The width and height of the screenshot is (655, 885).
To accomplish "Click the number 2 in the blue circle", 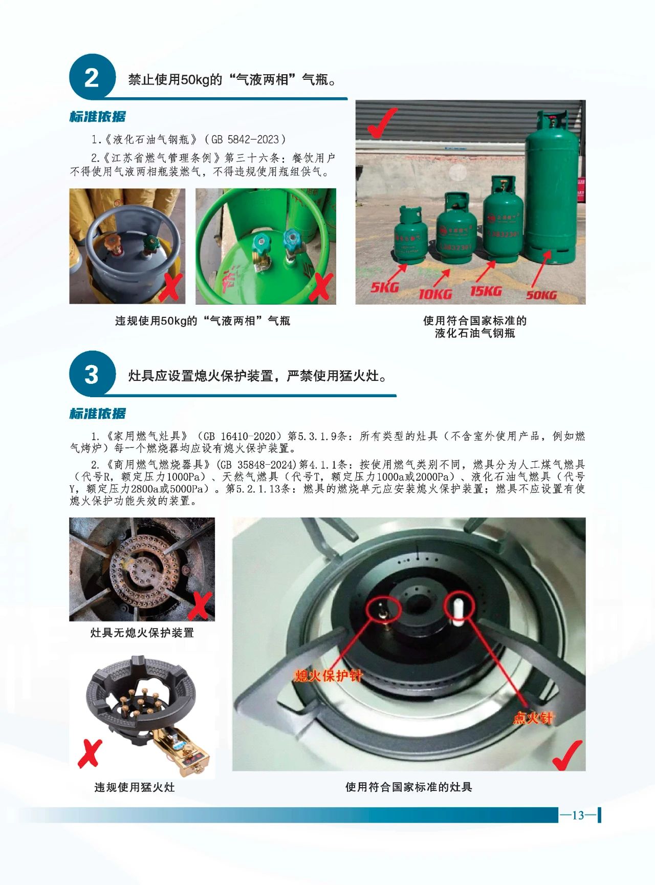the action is tap(91, 78).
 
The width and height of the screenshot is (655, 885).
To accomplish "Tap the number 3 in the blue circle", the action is tap(91, 375).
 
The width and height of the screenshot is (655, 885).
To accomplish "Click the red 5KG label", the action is tap(384, 287).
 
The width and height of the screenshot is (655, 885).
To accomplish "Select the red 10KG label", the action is tap(435, 294).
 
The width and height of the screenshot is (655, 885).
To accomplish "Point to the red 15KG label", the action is tap(486, 291).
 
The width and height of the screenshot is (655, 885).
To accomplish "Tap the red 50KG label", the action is tap(541, 294).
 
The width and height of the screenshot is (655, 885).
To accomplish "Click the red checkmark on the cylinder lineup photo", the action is tap(381, 122).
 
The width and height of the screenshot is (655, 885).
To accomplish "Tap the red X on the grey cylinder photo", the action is tap(170, 288).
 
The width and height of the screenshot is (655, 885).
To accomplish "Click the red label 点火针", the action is tap(533, 718).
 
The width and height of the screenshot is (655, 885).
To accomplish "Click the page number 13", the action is tap(578, 815).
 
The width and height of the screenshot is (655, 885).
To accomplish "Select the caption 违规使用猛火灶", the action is tap(135, 787).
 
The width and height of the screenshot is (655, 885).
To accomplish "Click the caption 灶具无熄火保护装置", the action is tap(142, 633).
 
